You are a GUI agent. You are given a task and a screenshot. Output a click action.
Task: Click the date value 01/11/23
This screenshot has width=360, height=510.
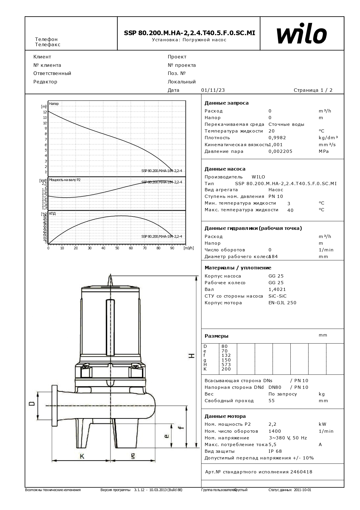pyautogui.click(x=213, y=90)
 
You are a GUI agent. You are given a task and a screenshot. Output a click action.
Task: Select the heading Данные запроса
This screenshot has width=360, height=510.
pyautogui.click(x=226, y=103)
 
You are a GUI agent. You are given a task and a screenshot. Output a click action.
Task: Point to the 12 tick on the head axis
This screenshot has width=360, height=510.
pyautogui.click(x=45, y=112)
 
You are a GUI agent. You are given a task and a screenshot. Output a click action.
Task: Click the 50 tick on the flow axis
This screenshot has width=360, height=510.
pyautogui.click(x=117, y=248)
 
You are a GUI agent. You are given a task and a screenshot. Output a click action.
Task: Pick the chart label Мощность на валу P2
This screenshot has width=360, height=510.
pyautogui.click(x=65, y=180)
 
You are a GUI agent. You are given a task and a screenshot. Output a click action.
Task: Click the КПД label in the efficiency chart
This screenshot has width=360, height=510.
pyautogui.click(x=53, y=214)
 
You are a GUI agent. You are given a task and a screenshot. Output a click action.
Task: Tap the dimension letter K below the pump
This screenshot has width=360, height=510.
pyautogui.click(x=82, y=456)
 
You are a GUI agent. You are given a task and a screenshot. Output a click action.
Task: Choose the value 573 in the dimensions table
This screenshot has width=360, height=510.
pyautogui.click(x=226, y=364)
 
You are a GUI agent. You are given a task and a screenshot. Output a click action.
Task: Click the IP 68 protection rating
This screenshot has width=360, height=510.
pyautogui.click(x=275, y=451)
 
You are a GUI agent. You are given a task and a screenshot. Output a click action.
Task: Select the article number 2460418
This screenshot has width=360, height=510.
pyautogui.click(x=301, y=472)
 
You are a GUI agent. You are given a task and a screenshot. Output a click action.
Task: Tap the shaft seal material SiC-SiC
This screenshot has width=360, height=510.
pyautogui.click(x=277, y=296)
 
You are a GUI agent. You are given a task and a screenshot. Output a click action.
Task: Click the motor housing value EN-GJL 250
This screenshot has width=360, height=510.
pyautogui.click(x=282, y=303)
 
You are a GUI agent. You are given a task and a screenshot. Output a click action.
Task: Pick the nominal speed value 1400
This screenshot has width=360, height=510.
pyautogui.click(x=275, y=431)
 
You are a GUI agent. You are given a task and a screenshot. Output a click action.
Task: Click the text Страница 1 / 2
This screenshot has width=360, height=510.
pyautogui.click(x=313, y=90)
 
